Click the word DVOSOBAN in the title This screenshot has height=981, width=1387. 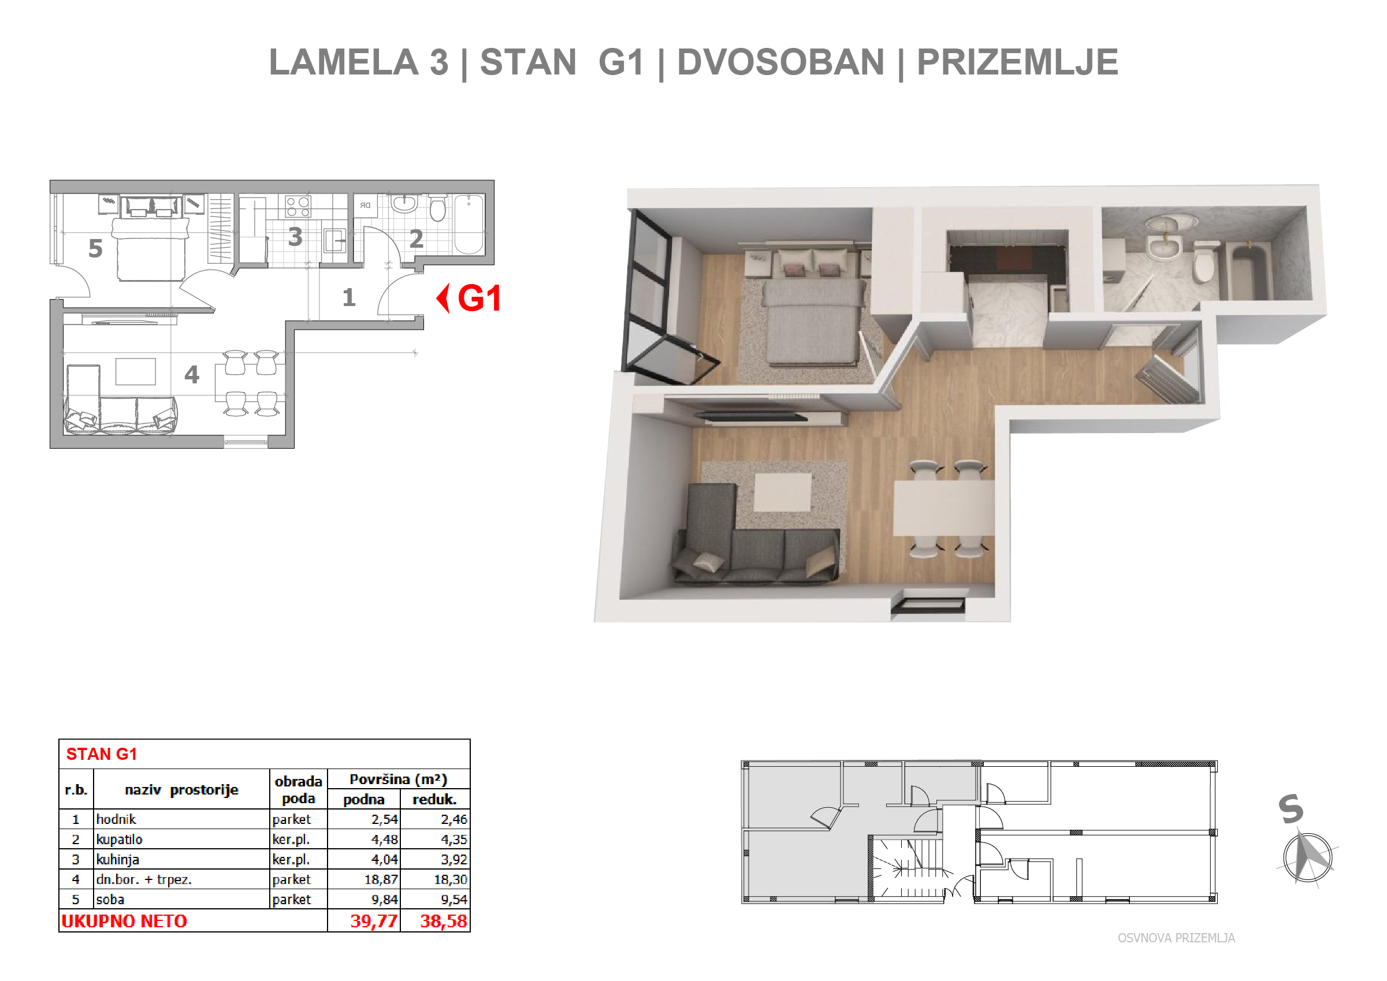tap(780, 62)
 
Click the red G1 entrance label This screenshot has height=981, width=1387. tap(479, 299)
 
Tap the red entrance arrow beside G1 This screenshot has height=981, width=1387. tap(444, 299)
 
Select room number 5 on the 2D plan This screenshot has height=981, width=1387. tap(95, 248)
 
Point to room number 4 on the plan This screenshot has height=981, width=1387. tap(192, 375)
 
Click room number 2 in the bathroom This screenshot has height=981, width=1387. tap(416, 239)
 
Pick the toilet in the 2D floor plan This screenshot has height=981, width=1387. tap(437, 207)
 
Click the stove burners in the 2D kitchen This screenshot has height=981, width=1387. tap(298, 207)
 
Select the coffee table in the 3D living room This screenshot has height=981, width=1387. tap(783, 492)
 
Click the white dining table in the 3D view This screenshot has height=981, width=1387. tap(944, 508)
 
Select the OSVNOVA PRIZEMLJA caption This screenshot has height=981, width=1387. tap(1176, 938)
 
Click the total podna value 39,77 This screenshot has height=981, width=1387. tap(374, 921)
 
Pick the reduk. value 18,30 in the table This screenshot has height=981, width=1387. tap(450, 879)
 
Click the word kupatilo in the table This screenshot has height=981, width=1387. tap(119, 840)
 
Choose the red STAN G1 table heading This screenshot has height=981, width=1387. tap(102, 754)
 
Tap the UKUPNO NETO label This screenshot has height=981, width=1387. tap(125, 921)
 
